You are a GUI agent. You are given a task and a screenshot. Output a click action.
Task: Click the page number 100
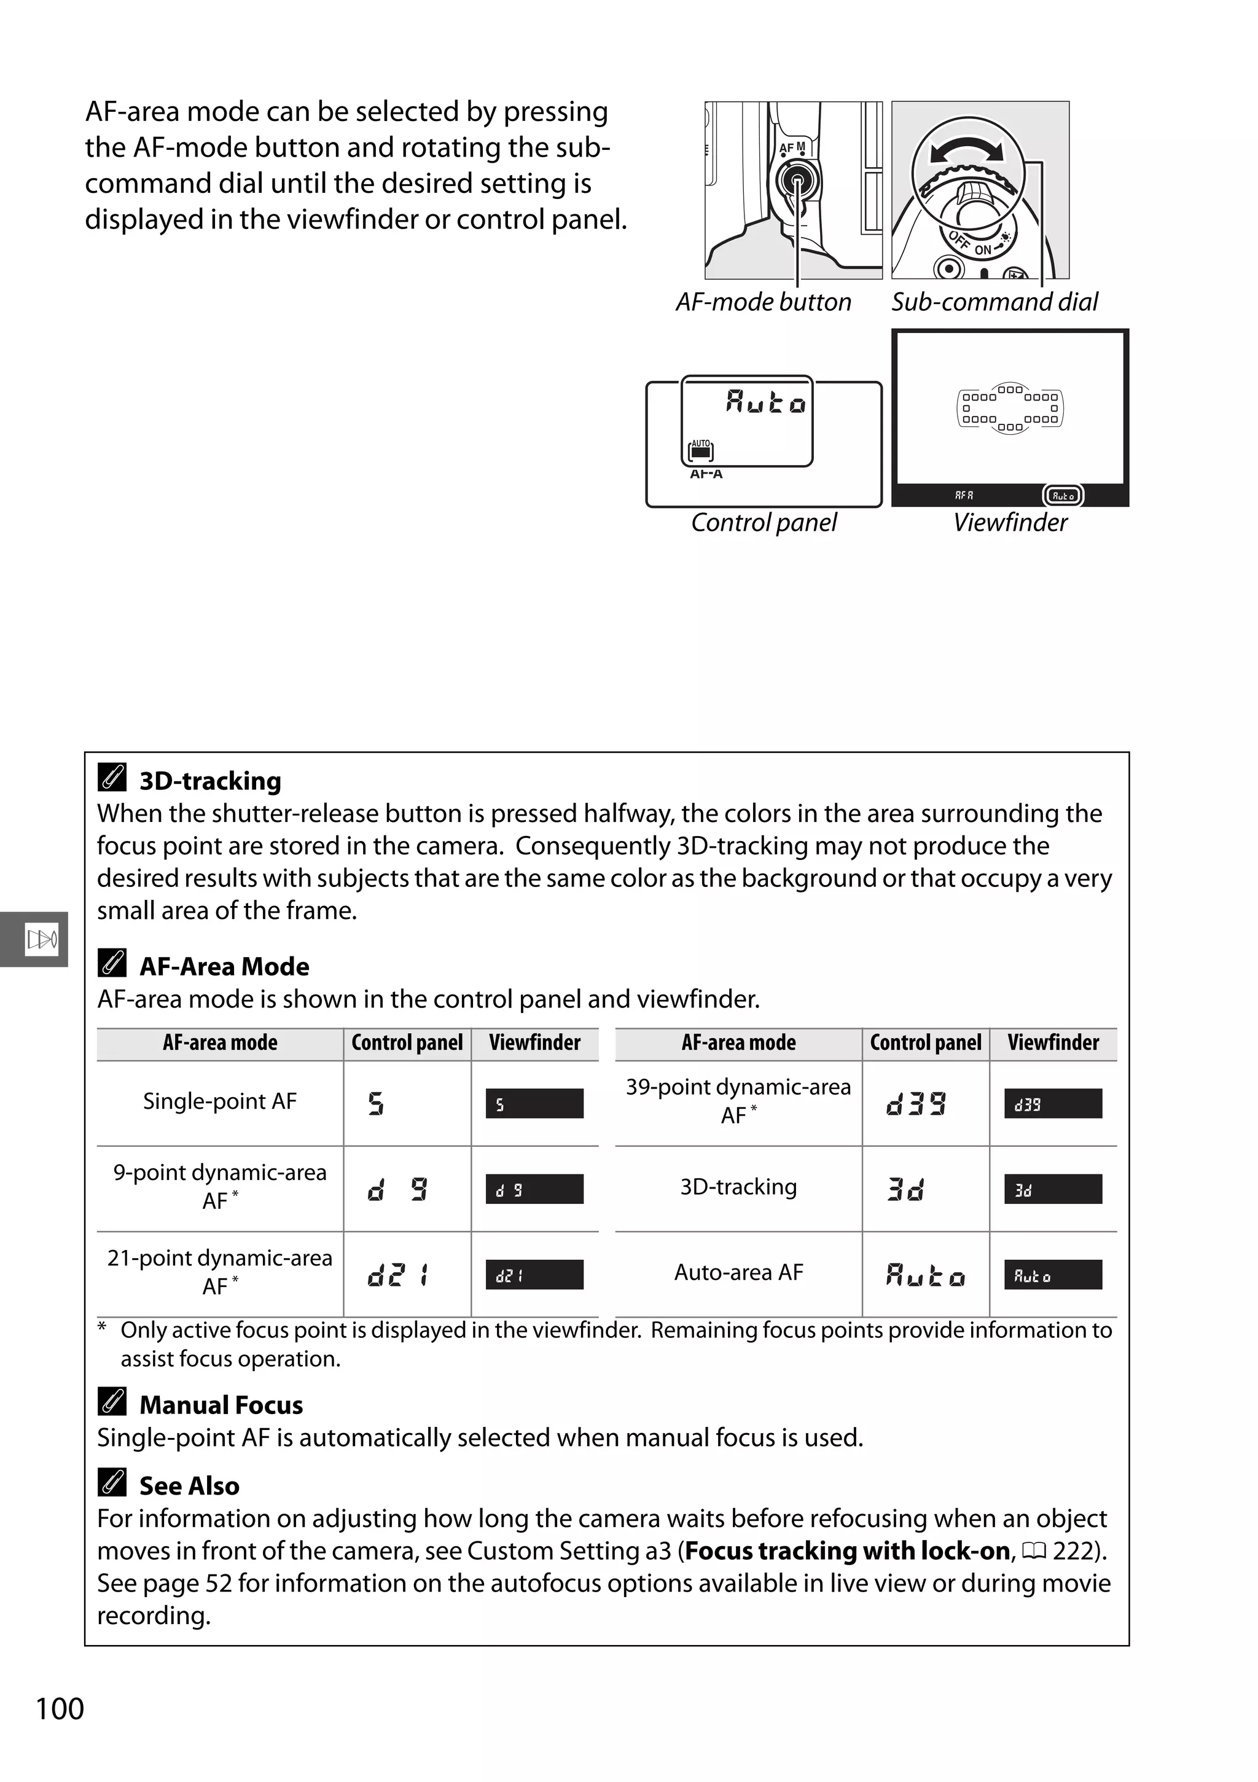(60, 1709)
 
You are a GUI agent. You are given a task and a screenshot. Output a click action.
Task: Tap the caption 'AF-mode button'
(763, 302)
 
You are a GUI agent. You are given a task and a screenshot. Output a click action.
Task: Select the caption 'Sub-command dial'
(994, 302)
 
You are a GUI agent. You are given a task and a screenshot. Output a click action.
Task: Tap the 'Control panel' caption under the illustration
(764, 522)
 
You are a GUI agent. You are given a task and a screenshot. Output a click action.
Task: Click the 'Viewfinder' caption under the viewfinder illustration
(1010, 522)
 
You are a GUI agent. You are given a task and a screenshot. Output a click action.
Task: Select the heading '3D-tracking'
(209, 780)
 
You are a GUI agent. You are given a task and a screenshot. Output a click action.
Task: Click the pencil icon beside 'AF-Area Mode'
(112, 963)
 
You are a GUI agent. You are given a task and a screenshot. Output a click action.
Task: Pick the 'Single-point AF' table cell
(220, 1101)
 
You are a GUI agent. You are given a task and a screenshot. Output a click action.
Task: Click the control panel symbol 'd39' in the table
(916, 1103)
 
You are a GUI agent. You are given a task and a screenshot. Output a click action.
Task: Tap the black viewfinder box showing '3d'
(1052, 1189)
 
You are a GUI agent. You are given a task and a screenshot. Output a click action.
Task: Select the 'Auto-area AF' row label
(738, 1272)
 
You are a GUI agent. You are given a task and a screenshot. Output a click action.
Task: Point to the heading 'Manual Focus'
(221, 1405)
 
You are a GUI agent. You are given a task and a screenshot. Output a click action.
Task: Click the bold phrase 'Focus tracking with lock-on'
(848, 1550)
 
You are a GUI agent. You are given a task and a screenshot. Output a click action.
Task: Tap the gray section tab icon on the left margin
(41, 939)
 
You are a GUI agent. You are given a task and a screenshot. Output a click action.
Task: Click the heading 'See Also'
(189, 1485)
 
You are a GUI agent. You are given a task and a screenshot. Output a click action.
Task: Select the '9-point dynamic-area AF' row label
(220, 1186)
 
